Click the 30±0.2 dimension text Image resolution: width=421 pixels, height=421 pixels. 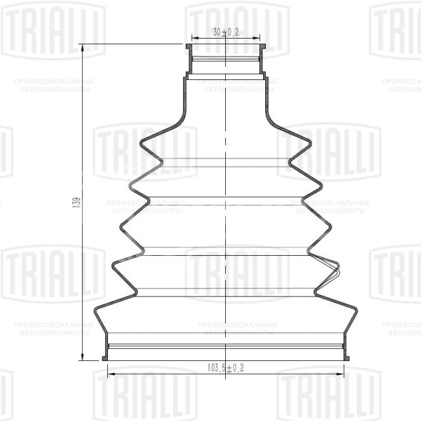(x=224, y=32)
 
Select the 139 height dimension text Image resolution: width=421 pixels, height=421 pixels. (x=77, y=202)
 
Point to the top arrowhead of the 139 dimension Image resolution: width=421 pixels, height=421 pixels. (x=84, y=48)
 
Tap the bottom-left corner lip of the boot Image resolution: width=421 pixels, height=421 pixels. (x=105, y=357)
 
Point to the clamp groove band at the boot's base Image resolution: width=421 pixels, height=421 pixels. (x=226, y=348)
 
